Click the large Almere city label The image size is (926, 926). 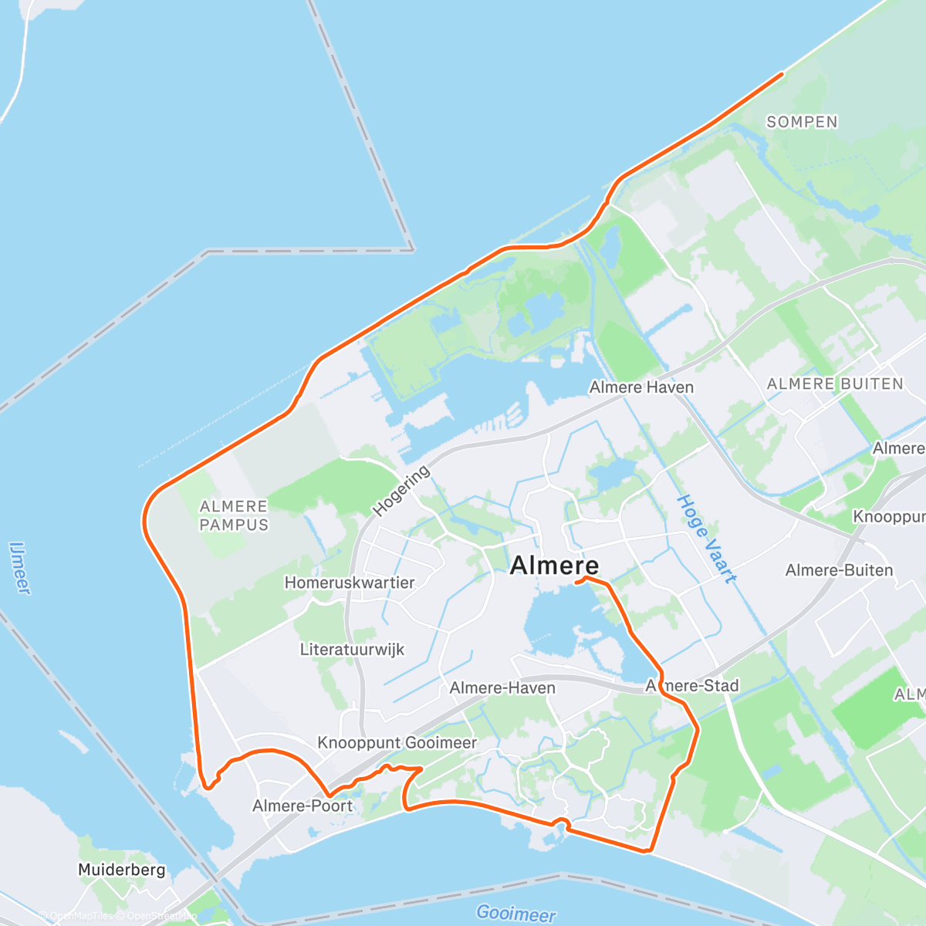coord(554,566)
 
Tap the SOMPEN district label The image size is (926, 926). coord(802,122)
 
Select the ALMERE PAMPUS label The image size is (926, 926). coord(234,515)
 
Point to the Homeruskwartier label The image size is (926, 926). coord(350,583)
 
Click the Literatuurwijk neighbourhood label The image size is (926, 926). coord(352,650)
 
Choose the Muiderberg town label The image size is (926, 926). coord(121,870)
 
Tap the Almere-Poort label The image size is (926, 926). coord(302,806)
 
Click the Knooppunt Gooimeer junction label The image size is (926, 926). coord(397,742)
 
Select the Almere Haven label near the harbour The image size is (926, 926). coord(641,387)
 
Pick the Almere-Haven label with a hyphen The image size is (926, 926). coord(502,688)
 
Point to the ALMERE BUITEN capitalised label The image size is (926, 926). coord(835,384)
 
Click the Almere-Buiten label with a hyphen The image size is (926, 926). coord(839,570)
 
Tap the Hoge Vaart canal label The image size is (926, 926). coord(706,539)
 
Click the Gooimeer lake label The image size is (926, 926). coord(515,914)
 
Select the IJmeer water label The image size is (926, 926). coord(20,567)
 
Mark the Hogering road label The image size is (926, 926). coord(401,492)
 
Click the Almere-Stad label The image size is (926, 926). coord(692,685)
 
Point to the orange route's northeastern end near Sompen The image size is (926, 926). coord(782,74)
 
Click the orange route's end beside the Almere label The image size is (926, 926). coord(577,583)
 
